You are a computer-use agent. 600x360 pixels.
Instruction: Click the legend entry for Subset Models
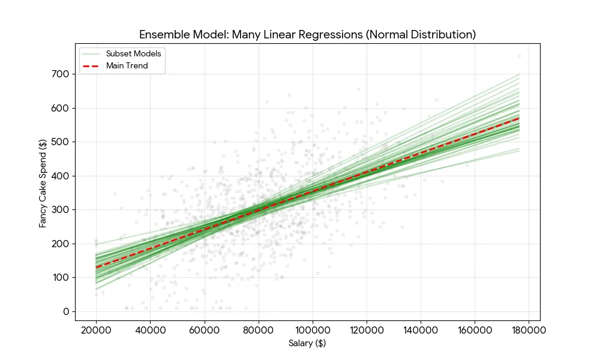tap(133, 53)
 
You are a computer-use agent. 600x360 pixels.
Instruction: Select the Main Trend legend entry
tap(127, 66)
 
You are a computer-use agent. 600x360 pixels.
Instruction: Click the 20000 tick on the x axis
tap(96, 329)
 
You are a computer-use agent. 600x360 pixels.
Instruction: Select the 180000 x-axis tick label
tap(529, 329)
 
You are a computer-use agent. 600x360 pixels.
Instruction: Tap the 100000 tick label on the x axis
tap(312, 329)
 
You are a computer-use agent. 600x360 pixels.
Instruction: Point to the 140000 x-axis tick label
tap(420, 329)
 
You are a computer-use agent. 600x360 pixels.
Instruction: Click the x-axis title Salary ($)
tap(307, 343)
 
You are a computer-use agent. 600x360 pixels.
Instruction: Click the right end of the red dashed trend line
tap(519, 118)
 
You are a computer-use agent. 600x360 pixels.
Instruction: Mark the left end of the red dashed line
tap(96, 268)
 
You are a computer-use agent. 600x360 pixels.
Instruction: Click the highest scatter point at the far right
tap(519, 56)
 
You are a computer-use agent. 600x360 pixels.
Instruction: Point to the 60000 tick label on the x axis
tap(204, 329)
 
